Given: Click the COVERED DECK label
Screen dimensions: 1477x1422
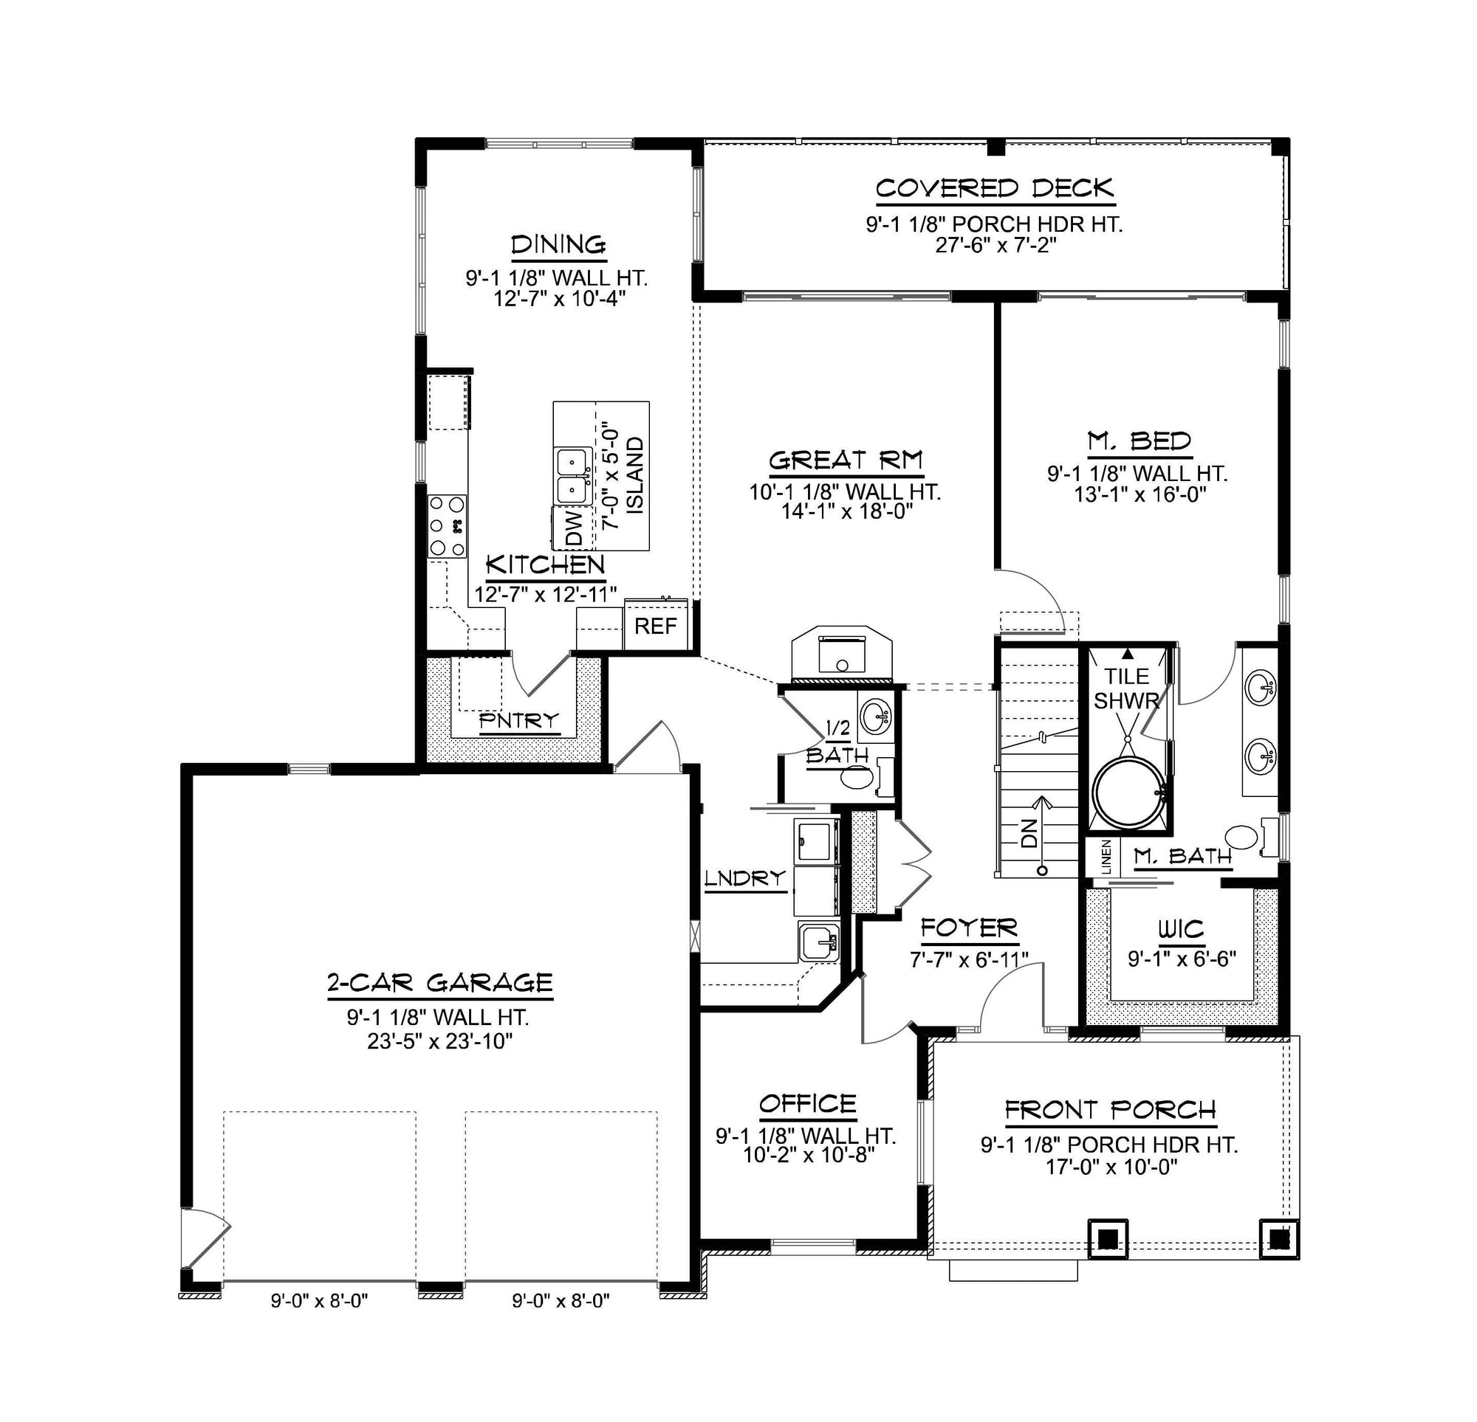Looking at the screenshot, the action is tap(995, 188).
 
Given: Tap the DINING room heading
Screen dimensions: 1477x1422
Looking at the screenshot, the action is tap(558, 245).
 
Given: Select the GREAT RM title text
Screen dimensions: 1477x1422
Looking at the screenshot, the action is tap(846, 460).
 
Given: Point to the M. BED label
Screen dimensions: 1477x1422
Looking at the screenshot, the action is tap(1140, 441).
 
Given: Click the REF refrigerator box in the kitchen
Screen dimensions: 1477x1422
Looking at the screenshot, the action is tap(656, 626).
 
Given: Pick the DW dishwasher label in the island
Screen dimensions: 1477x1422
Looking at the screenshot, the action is tap(575, 528).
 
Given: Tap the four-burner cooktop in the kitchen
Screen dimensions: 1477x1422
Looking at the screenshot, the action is tap(448, 525).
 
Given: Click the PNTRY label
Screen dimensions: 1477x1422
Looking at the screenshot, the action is tap(519, 721).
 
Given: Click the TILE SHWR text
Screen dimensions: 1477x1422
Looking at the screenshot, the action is tap(1127, 688).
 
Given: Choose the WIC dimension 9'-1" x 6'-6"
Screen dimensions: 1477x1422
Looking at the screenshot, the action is tap(1182, 959).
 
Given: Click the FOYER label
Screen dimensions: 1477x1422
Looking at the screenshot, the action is tap(969, 928).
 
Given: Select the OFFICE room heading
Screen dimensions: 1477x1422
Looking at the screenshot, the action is tap(808, 1104).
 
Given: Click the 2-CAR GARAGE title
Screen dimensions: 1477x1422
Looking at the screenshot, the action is tap(440, 983).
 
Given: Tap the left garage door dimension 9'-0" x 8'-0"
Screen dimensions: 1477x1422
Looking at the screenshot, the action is tap(320, 1301).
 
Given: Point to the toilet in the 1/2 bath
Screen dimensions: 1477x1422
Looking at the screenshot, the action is tap(859, 777).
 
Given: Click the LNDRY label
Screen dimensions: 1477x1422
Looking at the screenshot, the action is tap(745, 878).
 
